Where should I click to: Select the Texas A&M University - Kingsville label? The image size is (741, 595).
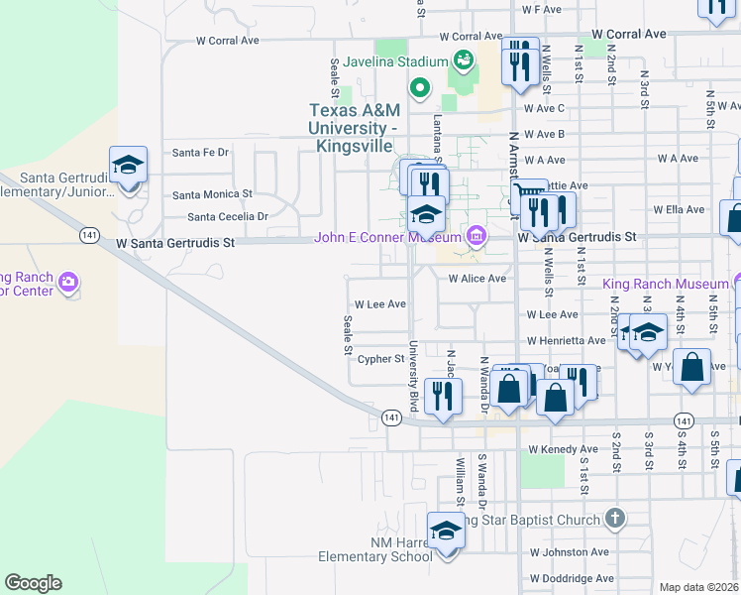click(354, 128)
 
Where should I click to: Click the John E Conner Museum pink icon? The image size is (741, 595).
click(476, 236)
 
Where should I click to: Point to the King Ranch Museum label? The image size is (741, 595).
click(665, 284)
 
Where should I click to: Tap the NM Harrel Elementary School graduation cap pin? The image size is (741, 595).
click(446, 534)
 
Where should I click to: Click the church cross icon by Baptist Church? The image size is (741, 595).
click(615, 519)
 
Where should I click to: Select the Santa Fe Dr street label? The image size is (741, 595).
click(200, 153)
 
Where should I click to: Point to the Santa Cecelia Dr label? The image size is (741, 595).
click(228, 216)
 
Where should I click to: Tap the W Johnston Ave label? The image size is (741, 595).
click(569, 551)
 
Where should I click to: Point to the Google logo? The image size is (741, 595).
click(33, 583)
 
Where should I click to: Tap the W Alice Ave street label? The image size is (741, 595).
click(477, 279)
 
